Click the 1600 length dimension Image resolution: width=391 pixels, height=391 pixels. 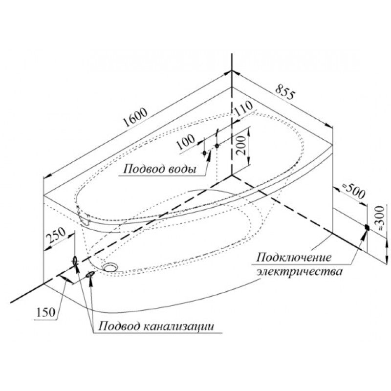click(136, 117)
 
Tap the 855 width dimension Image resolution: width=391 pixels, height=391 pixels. click(285, 91)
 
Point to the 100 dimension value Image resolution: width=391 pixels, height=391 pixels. click(186, 142)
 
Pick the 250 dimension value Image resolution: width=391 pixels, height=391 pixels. click(57, 236)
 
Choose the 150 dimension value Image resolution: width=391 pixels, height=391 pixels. click(45, 312)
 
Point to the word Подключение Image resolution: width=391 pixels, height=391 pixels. click(294, 258)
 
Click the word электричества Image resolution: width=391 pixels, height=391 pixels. click(300, 271)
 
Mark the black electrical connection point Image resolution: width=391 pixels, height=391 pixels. click(367, 227)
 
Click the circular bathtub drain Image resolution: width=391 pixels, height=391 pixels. click(110, 267)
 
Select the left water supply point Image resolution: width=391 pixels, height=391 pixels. click(204, 153)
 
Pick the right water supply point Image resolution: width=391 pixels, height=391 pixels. click(217, 145)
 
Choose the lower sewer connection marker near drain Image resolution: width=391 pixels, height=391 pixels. click(90, 274)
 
